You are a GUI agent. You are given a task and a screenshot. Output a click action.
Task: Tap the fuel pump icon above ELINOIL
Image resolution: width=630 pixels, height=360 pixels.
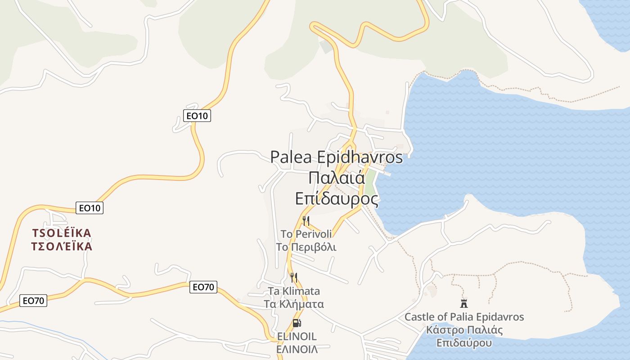[297, 323]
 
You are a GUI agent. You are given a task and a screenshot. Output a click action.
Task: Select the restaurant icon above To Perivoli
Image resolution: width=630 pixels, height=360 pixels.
[306, 220]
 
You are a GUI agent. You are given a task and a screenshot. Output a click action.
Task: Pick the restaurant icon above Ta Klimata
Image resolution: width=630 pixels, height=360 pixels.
[294, 277]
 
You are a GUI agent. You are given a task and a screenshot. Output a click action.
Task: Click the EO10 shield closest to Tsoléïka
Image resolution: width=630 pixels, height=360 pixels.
[90, 208]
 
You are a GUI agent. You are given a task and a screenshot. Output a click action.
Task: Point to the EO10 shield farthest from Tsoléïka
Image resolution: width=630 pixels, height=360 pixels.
[198, 116]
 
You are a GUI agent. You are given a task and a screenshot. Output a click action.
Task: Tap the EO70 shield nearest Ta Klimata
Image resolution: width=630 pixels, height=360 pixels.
[203, 287]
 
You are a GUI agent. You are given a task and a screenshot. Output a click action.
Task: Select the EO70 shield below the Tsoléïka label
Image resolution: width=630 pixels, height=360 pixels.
[33, 301]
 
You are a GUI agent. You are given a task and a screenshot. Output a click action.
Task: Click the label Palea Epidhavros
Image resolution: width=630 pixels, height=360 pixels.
[337, 157]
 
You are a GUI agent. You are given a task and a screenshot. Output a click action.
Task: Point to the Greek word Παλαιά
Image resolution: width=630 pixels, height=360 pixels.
[337, 178]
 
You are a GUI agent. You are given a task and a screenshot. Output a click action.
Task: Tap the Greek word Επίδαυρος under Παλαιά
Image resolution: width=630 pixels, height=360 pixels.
[337, 198]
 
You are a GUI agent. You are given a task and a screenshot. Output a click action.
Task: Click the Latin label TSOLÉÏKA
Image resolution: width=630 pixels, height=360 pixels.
[62, 233]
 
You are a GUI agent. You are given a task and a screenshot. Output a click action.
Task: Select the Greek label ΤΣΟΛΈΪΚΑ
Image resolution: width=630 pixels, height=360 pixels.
[62, 247]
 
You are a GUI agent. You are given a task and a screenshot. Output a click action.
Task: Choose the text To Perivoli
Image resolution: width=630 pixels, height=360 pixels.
[306, 234]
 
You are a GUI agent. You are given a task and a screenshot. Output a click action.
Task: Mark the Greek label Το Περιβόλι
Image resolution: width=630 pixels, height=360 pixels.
[306, 247]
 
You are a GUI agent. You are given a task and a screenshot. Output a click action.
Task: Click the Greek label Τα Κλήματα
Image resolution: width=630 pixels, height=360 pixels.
[294, 304]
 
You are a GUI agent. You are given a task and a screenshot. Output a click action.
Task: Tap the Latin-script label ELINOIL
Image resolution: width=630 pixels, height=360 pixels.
[297, 336]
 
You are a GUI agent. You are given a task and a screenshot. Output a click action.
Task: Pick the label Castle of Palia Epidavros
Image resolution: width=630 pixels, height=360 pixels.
[464, 317]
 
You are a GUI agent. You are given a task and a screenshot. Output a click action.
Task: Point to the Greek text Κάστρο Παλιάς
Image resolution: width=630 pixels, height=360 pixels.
[464, 330]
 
